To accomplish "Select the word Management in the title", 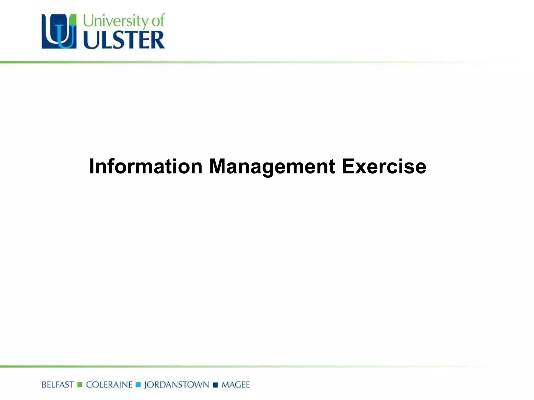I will tap(272, 167).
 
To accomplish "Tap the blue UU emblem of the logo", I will tap(59, 32).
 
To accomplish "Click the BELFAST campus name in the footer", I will tap(58, 385).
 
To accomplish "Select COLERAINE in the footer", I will tap(109, 385).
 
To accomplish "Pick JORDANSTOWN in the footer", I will tap(177, 385).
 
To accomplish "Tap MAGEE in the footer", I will tap(235, 385).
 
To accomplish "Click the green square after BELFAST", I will tap(80, 385).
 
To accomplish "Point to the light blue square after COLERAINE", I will tap(138, 385).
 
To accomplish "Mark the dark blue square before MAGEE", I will tap(215, 385).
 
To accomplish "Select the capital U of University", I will tap(88, 21).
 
